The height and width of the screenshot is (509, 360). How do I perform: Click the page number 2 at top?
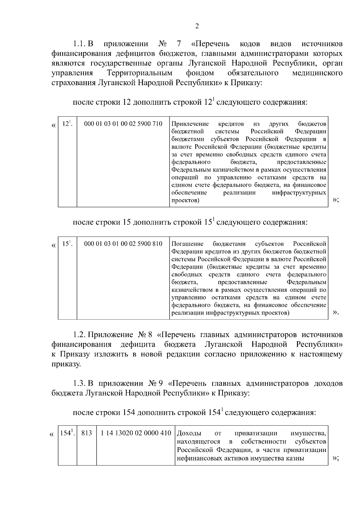197,26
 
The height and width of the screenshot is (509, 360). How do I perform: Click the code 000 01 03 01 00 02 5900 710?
123,124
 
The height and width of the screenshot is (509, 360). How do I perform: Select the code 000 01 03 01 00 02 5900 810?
123,244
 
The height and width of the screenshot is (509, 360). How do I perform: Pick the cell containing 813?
87,433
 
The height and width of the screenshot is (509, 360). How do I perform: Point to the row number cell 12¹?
67,124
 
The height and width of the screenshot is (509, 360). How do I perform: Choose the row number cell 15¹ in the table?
67,244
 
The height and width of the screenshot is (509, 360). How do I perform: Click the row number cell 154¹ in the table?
67,433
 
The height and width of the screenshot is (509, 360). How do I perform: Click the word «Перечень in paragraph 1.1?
211,44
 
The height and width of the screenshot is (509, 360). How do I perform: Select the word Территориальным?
140,73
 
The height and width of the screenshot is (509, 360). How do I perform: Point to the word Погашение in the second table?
187,244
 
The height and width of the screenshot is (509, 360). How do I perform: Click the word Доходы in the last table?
189,433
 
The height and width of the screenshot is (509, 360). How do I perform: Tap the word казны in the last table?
296,458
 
